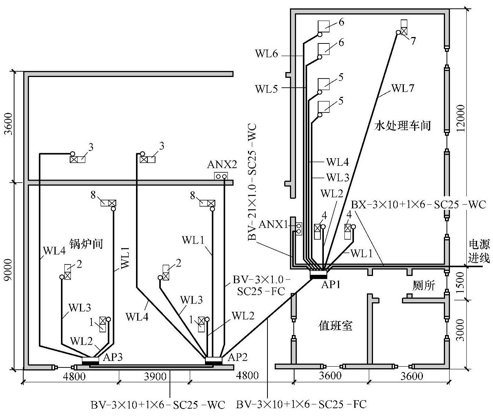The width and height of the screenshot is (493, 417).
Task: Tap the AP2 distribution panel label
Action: pos(237,357)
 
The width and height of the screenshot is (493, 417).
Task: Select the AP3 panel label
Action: pos(113,357)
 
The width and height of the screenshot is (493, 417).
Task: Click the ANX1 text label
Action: pos(273,225)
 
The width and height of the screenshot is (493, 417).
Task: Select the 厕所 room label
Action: pos(423,285)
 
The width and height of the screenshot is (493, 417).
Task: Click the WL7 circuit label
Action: pos(402,88)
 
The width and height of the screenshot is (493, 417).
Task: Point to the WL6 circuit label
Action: pos(266,54)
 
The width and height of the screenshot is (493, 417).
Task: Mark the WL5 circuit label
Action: pos(266,89)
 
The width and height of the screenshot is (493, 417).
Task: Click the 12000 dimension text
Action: pos(461,118)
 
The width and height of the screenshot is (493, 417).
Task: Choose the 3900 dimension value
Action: pos(155,377)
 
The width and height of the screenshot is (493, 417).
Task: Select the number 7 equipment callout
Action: pos(413,41)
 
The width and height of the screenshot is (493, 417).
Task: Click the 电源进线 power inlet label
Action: pos(479,251)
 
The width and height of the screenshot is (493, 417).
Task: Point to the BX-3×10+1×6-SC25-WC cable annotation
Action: pos(418,205)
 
